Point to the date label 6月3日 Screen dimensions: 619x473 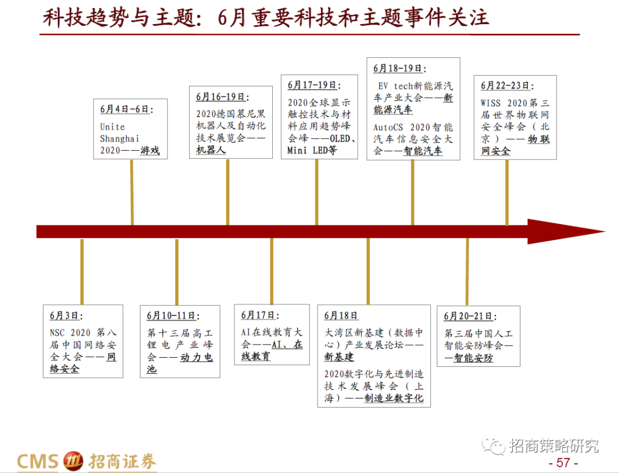(65, 315)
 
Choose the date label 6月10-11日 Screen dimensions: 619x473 (173, 315)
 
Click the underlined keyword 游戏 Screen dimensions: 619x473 (150, 151)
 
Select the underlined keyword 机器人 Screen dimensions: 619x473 (210, 150)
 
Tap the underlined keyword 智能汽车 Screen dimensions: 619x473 (423, 151)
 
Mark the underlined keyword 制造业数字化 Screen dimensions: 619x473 (394, 398)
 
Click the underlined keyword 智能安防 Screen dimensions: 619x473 (473, 358)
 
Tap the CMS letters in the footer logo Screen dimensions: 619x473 (38, 460)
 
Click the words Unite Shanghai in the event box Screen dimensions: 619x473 (119, 132)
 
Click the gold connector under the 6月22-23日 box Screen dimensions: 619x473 (507, 192)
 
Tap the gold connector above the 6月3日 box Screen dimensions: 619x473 (82, 271)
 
